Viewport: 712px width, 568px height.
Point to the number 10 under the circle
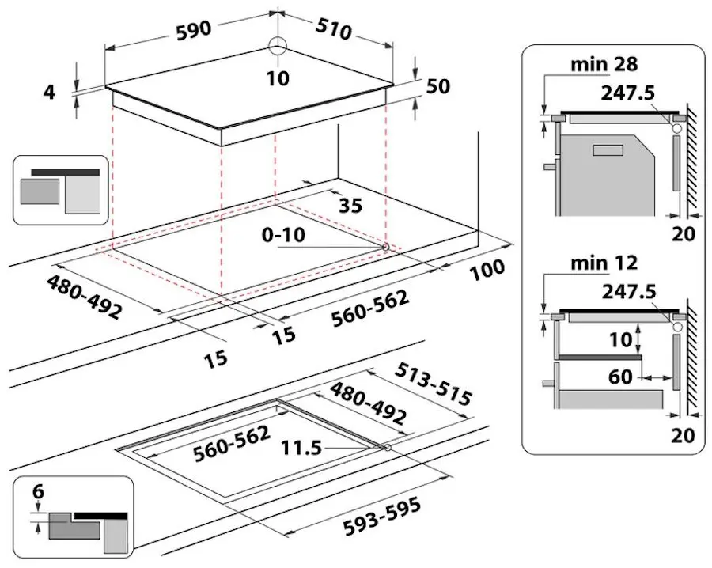(x=278, y=78)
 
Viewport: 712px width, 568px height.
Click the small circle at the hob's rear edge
(x=278, y=46)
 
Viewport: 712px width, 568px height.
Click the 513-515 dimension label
(x=434, y=386)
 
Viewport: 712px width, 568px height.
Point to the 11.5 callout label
(x=301, y=448)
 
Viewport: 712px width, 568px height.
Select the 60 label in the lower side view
(x=621, y=377)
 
